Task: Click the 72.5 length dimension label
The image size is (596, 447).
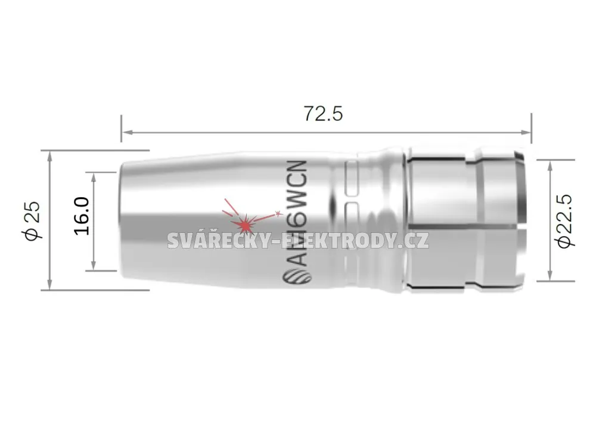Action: click(x=323, y=114)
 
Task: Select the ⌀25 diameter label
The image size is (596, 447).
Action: click(x=32, y=221)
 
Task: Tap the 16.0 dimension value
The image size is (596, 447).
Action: click(x=81, y=216)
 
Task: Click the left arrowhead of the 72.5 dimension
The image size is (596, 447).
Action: click(x=127, y=132)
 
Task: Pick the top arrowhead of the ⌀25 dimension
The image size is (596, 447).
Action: click(x=49, y=156)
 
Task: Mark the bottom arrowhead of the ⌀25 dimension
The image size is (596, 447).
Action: click(x=49, y=284)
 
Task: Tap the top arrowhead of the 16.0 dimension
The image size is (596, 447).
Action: click(x=94, y=178)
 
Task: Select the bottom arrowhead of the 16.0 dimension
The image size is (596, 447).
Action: click(x=94, y=265)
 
